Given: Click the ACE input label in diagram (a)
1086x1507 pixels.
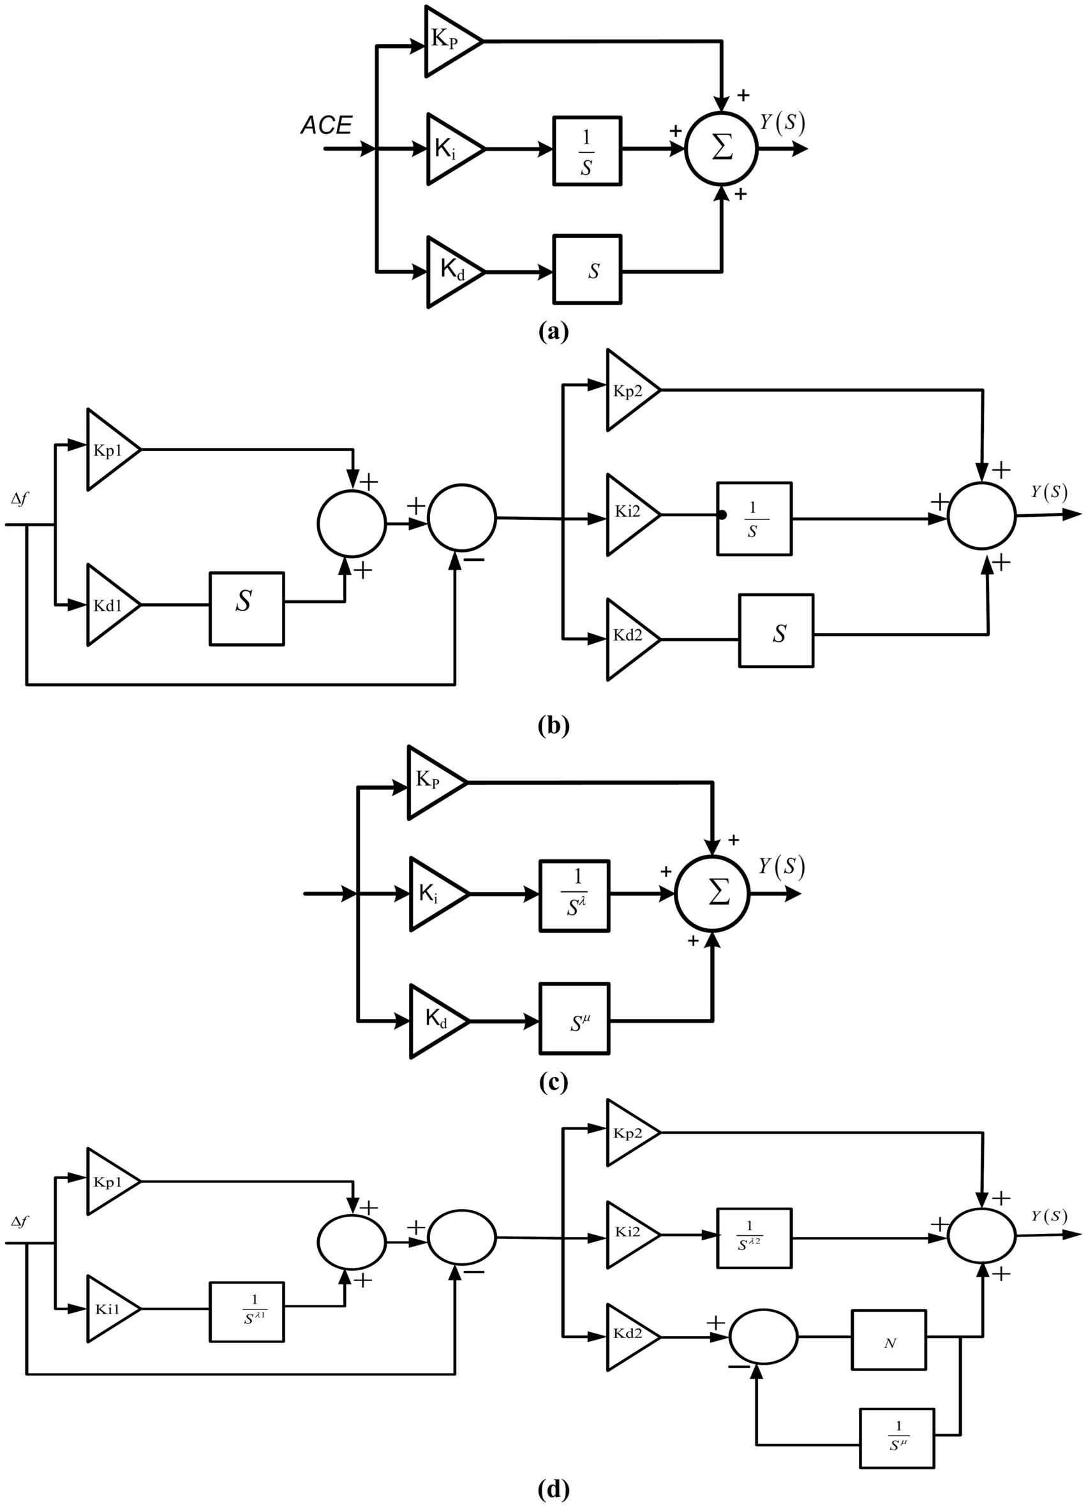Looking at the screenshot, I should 325,125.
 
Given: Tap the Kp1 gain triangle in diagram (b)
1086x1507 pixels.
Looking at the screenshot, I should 110,450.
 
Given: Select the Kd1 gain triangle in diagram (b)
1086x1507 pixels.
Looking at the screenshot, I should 110,605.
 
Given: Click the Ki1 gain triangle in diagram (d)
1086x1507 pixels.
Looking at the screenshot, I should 110,1309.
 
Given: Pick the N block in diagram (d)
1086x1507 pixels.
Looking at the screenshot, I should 889,1340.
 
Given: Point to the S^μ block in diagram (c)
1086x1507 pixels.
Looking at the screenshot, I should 574,1020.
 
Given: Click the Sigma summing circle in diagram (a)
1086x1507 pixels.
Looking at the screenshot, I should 722,148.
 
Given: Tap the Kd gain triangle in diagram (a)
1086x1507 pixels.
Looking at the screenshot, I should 452,271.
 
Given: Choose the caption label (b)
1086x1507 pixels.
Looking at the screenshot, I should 553,725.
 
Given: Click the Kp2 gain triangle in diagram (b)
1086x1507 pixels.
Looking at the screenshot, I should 629,390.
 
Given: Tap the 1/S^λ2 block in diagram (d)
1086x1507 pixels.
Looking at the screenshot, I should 754,1237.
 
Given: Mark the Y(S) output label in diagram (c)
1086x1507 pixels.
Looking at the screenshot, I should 782,866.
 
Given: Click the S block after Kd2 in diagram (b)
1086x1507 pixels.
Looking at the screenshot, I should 776,630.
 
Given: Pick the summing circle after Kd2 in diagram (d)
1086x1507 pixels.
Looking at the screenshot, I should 763,1337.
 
